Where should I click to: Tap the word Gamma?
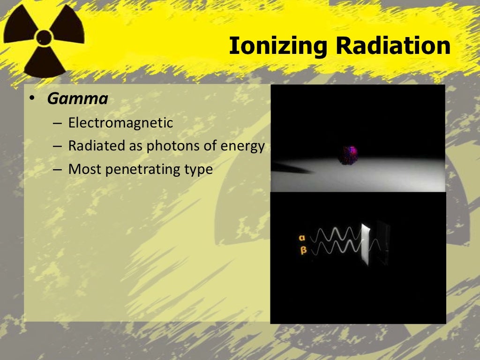(x=78, y=99)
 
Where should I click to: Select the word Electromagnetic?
(x=120, y=123)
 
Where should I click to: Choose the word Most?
(x=85, y=169)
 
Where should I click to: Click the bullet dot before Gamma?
(x=32, y=99)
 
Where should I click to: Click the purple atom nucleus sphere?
(x=349, y=155)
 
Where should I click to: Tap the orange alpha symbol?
(x=302, y=238)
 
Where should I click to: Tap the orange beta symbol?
(x=303, y=250)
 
